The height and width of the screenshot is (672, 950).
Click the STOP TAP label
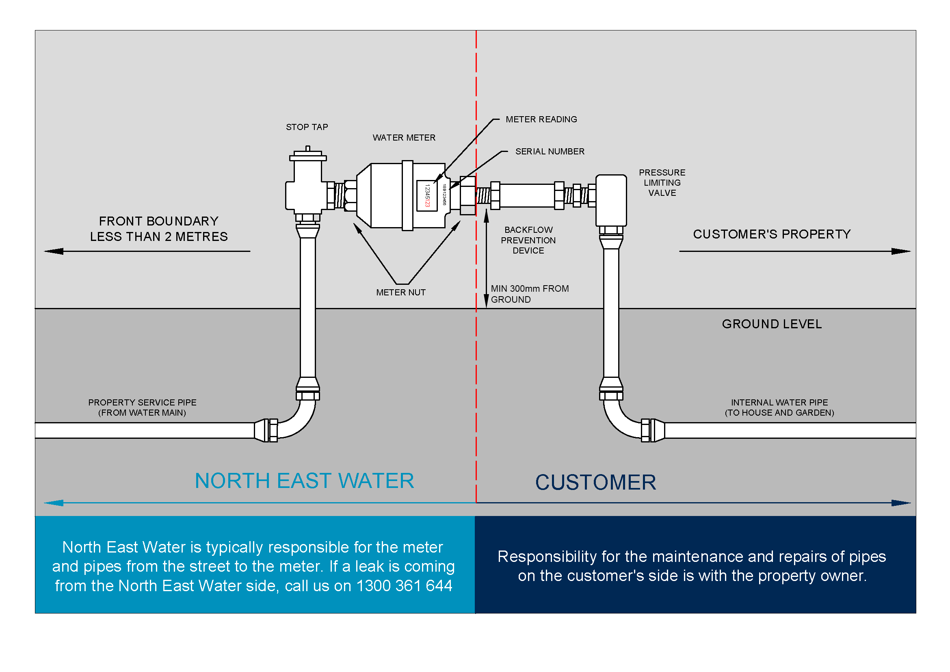(307, 127)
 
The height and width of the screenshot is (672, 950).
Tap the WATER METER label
(404, 138)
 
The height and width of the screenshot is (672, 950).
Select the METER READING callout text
(541, 119)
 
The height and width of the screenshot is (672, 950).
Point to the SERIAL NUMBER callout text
(550, 152)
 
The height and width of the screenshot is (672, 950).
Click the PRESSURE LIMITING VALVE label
(662, 182)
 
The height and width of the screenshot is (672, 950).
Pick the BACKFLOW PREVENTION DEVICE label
(528, 240)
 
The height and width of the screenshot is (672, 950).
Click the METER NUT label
(400, 293)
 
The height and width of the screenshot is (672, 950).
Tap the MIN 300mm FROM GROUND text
(529, 294)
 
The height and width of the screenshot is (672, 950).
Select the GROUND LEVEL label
(771, 324)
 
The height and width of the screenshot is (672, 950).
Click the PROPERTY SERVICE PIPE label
(142, 407)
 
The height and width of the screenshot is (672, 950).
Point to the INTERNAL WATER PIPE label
(779, 407)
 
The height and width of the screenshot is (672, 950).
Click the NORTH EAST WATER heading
(304, 481)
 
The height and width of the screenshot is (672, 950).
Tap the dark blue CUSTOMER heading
(595, 483)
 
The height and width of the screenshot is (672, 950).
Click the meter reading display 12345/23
(427, 196)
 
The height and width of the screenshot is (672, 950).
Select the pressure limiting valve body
(611, 200)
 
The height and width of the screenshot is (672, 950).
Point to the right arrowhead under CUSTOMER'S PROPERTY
(901, 251)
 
